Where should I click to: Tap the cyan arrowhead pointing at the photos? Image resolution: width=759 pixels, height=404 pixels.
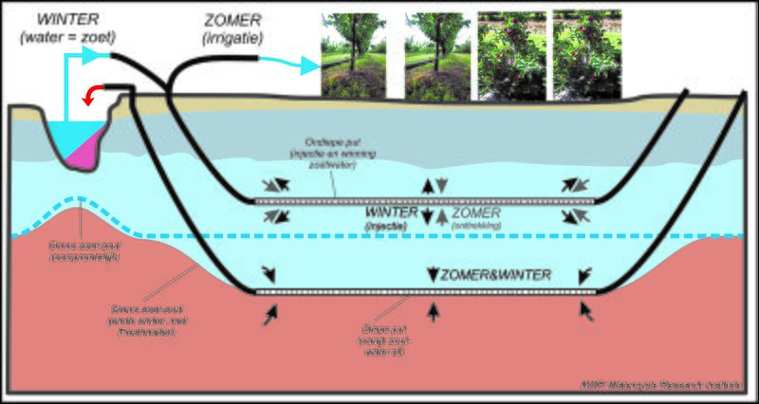coord(310,64)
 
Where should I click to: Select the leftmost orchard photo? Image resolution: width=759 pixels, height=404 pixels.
coord(355,54)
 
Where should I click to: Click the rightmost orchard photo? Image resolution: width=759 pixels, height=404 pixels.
coord(588,54)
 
